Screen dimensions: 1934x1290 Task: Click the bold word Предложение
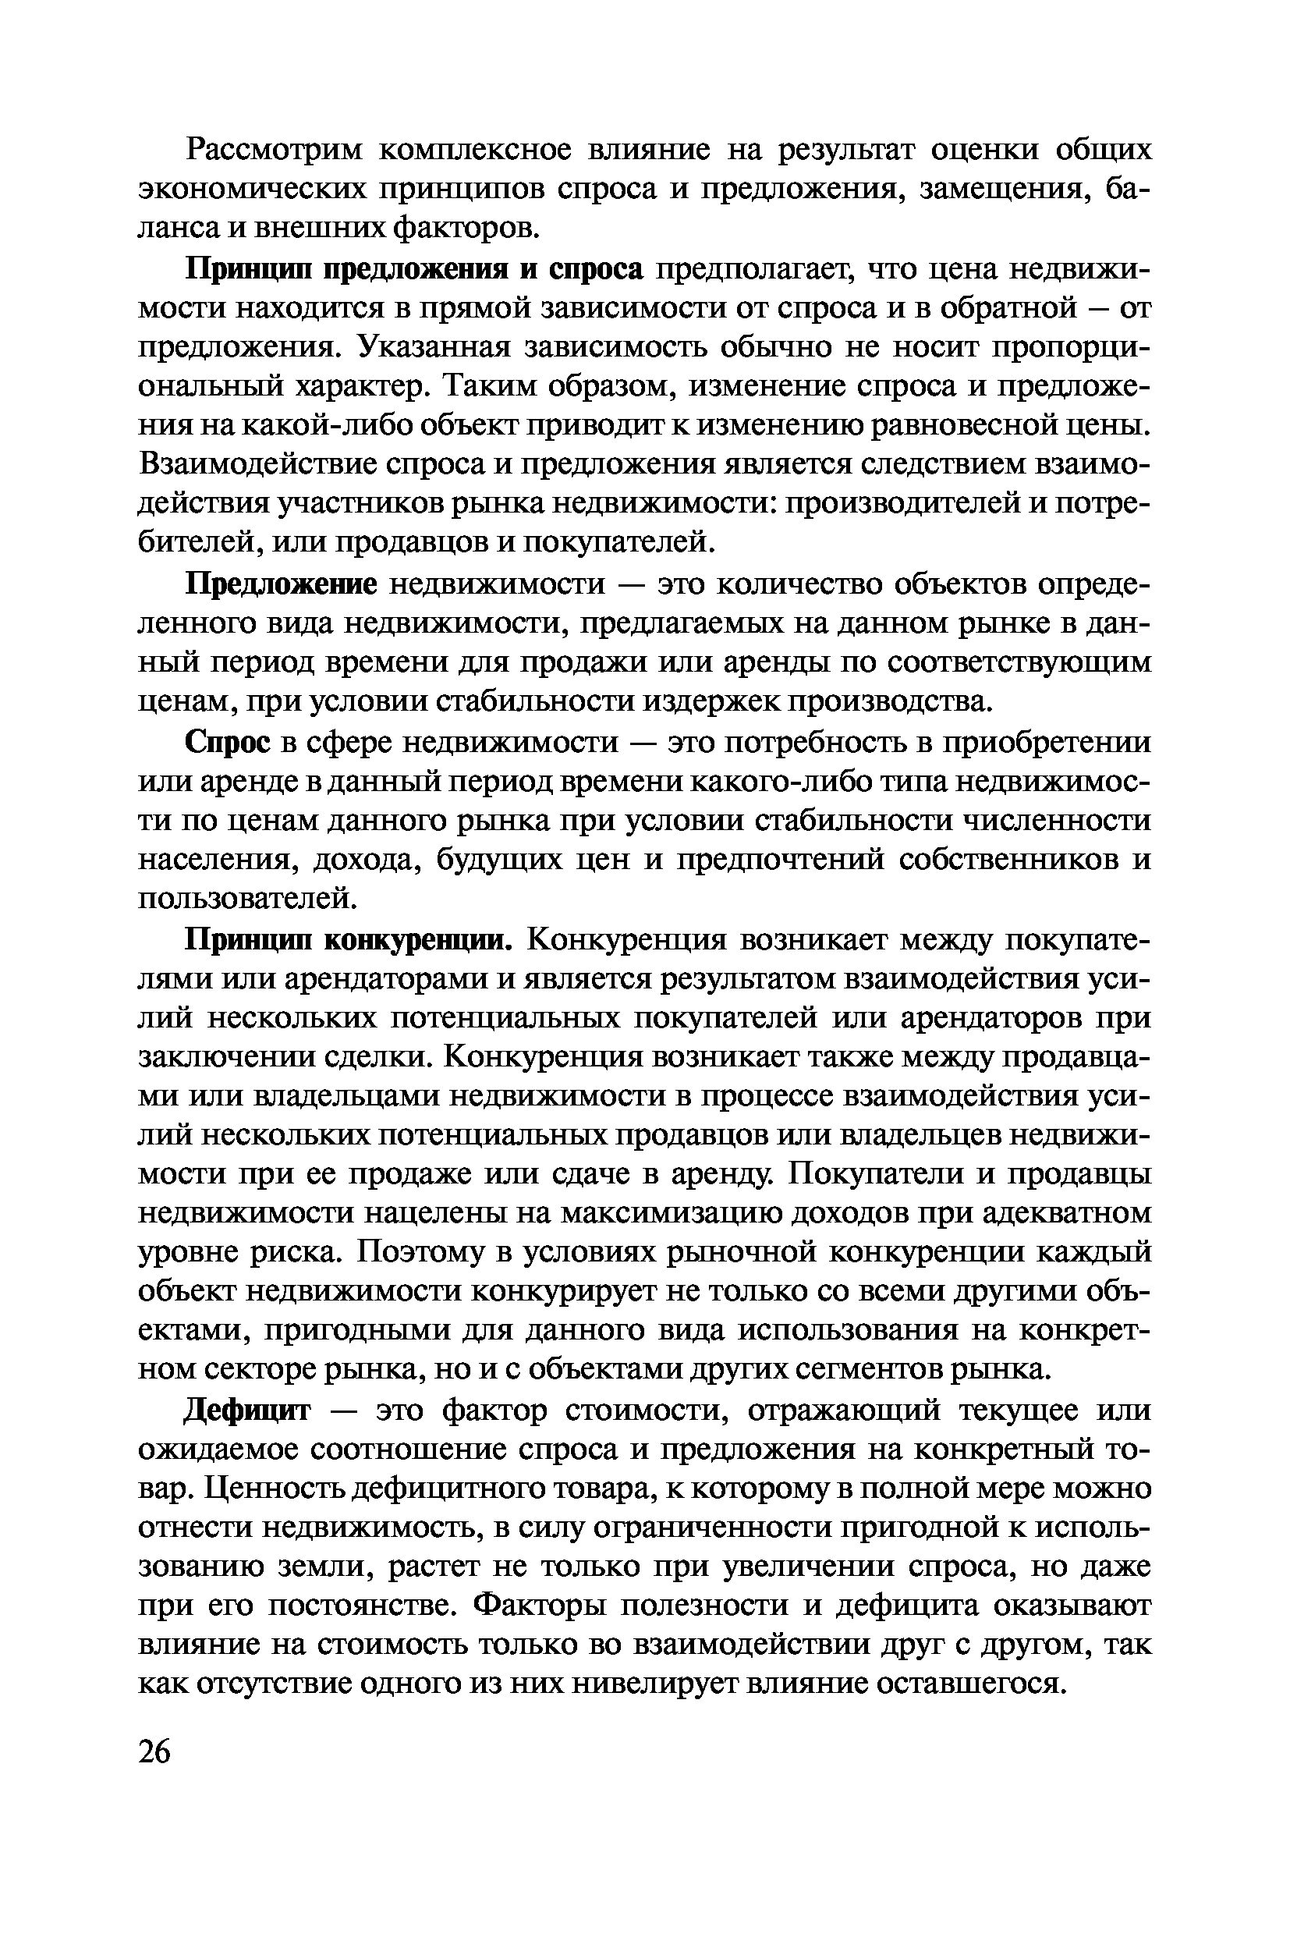(281, 585)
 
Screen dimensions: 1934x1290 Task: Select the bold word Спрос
(227, 743)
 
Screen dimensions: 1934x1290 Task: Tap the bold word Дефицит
(246, 1411)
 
